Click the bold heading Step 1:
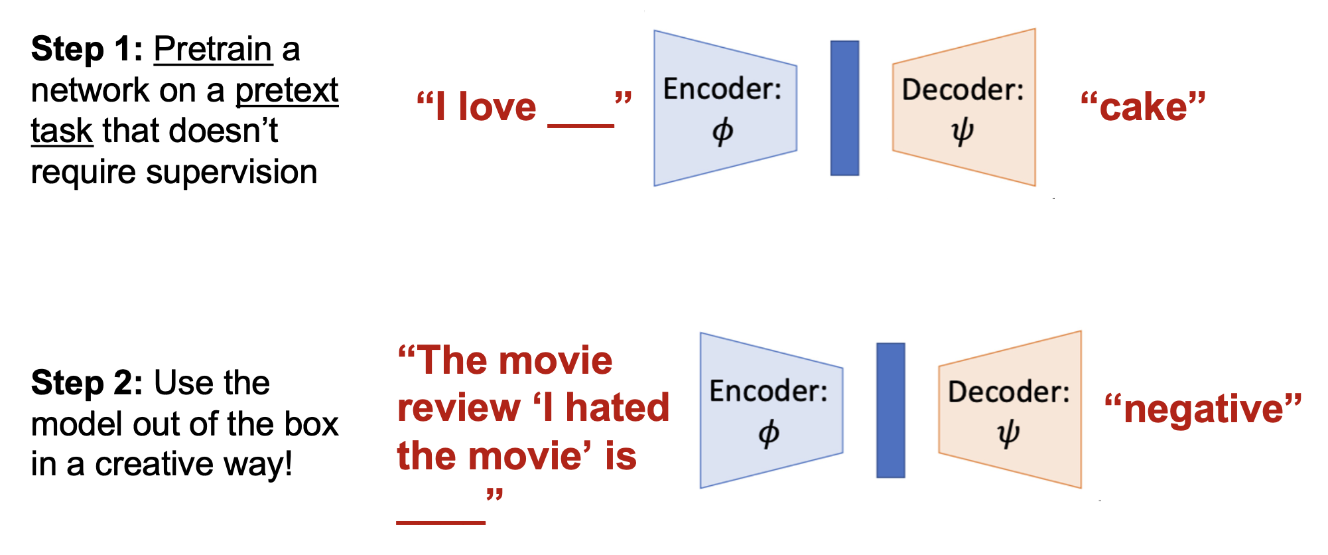pyautogui.click(x=87, y=50)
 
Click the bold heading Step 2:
pyautogui.click(x=87, y=384)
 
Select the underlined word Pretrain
pyautogui.click(x=213, y=50)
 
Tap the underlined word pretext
pyautogui.click(x=287, y=91)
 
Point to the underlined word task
pyautogui.click(x=61, y=131)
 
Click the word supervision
pyautogui.click(x=232, y=173)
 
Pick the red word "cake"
pyautogui.click(x=1143, y=107)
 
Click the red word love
pyautogui.click(x=497, y=107)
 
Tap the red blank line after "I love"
pyautogui.click(x=580, y=124)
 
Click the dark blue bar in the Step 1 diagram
pyautogui.click(x=844, y=108)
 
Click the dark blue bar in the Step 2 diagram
pyautogui.click(x=890, y=410)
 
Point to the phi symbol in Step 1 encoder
pyautogui.click(x=722, y=131)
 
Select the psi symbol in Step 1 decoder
pyautogui.click(x=963, y=131)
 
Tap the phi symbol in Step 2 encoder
pyautogui.click(x=769, y=434)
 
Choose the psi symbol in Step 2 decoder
pyautogui.click(x=1008, y=434)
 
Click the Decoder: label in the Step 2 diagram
pyautogui.click(x=1008, y=392)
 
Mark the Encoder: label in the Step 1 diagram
pyautogui.click(x=722, y=89)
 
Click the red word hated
pyautogui.click(x=618, y=408)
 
